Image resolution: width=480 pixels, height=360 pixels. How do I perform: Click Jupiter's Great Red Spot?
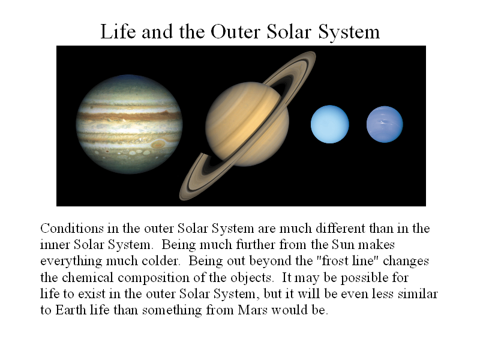tap(158, 143)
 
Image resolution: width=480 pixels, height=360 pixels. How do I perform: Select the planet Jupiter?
tap(129, 124)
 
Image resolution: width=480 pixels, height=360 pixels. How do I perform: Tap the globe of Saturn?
tap(247, 124)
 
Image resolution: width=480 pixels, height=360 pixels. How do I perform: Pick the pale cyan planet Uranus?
tap(329, 124)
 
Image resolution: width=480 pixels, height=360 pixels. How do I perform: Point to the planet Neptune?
tap(385, 124)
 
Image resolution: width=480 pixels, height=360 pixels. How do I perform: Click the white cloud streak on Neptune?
tap(383, 122)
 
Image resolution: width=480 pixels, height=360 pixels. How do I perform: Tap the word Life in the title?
tap(118, 32)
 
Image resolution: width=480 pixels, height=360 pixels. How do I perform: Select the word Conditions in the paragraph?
tap(72, 229)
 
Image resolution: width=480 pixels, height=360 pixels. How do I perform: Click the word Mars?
tap(253, 310)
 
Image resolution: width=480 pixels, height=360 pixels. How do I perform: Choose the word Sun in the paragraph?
tap(343, 245)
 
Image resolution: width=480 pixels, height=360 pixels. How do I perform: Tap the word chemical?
tap(88, 277)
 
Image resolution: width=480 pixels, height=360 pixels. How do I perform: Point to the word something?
tap(172, 311)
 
